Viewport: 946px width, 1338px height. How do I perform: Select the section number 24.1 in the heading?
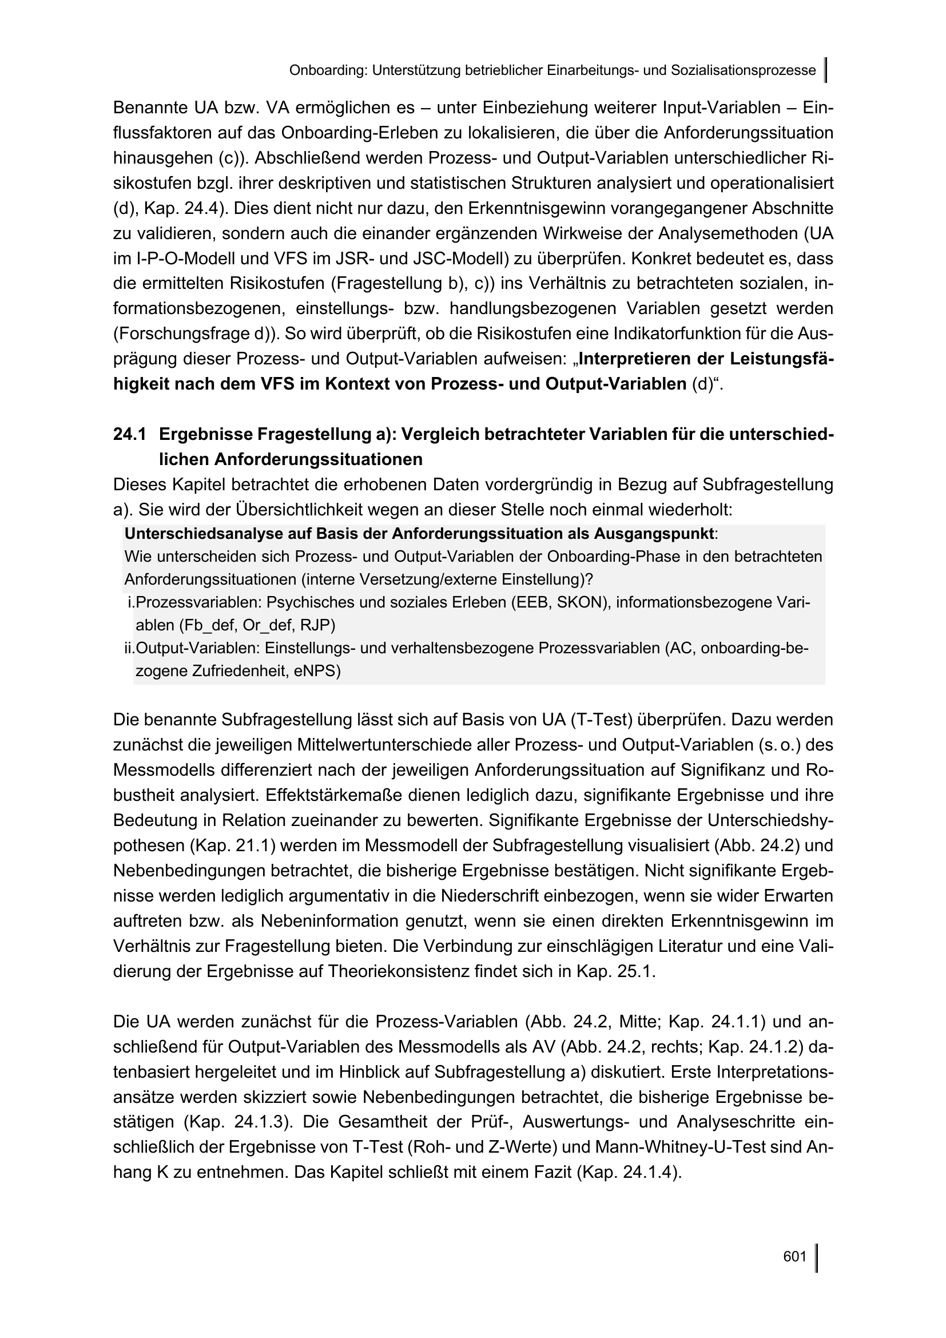coord(130,434)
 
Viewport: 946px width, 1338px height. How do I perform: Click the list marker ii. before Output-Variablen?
coord(129,648)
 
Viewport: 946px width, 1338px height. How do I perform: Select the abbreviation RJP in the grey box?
coord(317,625)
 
